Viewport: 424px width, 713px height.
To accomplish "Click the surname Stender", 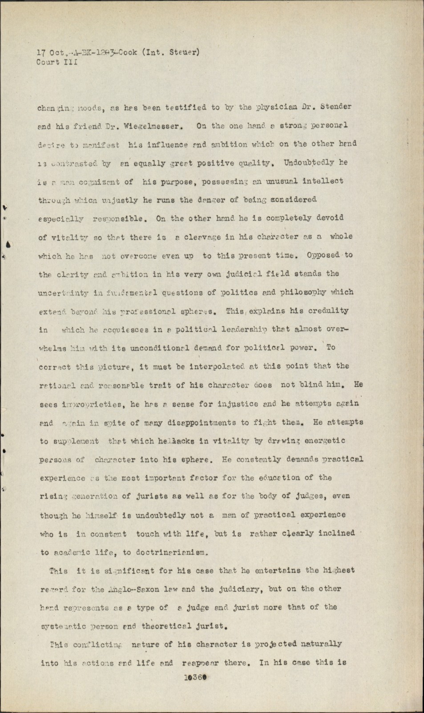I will tap(336, 107).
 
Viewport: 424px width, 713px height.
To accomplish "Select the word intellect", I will tap(323, 181).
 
